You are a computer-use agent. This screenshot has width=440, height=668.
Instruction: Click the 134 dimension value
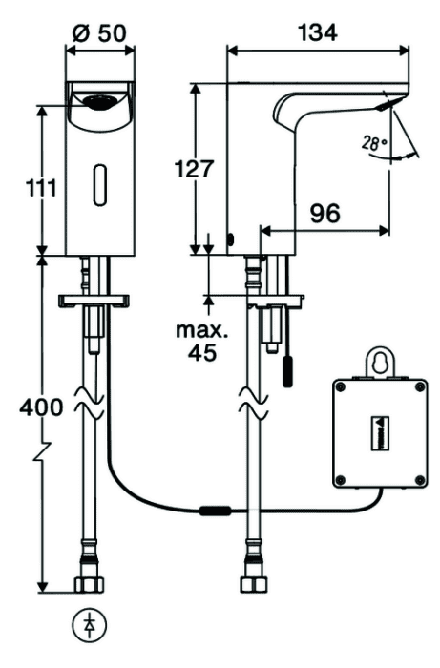[x=318, y=31]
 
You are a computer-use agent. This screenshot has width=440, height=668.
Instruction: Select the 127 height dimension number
[x=194, y=169]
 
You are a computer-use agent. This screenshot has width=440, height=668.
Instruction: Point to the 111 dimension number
[x=41, y=187]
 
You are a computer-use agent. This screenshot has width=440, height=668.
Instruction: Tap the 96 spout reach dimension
[x=325, y=213]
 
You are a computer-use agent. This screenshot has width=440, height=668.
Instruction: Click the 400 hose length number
[x=41, y=407]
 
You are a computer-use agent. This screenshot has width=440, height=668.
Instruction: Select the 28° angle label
[x=373, y=143]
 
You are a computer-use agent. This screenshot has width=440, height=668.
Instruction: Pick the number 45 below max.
[x=202, y=352]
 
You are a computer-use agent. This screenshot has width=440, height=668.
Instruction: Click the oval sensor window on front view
[x=99, y=185]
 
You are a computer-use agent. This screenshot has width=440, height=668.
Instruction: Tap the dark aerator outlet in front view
[x=99, y=102]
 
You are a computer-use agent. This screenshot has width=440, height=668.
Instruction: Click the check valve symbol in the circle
[x=90, y=626]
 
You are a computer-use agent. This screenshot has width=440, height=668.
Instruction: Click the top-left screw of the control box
[x=340, y=386]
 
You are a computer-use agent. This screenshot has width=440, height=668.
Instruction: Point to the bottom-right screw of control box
[x=420, y=479]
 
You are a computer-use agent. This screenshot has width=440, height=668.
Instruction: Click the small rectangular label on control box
[x=382, y=432]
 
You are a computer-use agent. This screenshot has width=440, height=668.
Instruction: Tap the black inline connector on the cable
[x=216, y=511]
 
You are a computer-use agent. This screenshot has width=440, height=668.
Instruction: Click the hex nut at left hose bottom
[x=89, y=584]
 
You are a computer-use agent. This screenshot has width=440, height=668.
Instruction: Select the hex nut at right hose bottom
[x=254, y=584]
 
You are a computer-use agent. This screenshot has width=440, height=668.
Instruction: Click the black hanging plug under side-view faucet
[x=288, y=371]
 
